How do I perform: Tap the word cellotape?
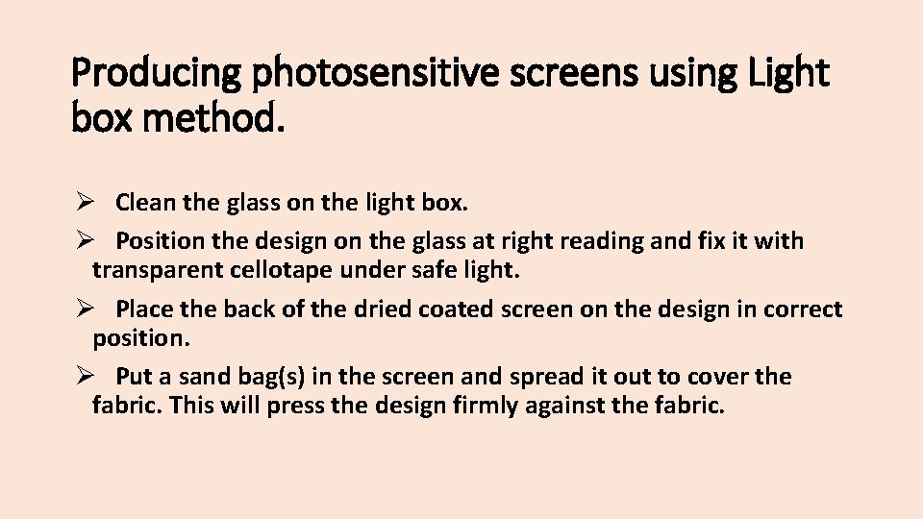(x=280, y=270)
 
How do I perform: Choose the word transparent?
(x=158, y=270)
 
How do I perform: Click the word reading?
(x=607, y=241)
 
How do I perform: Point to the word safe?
(x=435, y=270)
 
